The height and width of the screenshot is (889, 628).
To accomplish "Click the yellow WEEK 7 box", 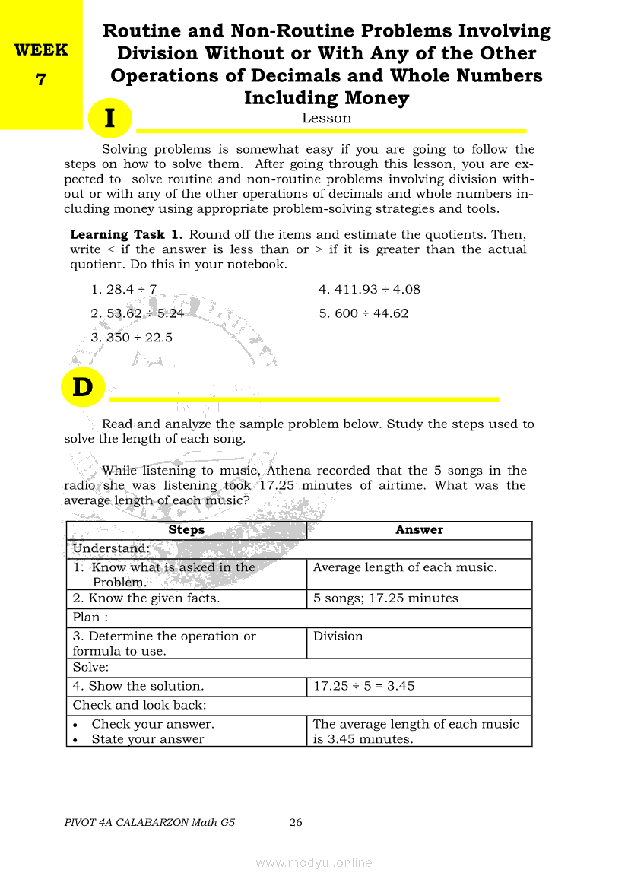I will pos(41,65).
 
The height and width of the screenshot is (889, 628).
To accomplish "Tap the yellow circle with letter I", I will pos(110,119).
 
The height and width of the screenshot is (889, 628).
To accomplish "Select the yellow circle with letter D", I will pos(82,388).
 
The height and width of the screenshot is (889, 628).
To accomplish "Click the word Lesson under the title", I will pos(326,118).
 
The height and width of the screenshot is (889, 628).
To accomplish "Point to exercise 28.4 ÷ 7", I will pos(123,289).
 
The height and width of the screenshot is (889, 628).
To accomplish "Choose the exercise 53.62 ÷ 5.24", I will pos(137,313).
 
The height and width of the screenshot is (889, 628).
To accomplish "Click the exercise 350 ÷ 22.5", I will pos(132,338).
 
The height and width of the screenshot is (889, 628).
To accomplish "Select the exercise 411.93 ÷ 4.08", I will pos(370,289).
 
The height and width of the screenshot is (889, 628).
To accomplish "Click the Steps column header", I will pos(186,530).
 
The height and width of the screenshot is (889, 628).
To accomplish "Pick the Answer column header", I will pos(419,530).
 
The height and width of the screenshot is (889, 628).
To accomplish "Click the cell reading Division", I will pos(338,636).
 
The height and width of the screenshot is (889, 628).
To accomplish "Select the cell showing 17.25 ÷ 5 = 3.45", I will pos(364,686).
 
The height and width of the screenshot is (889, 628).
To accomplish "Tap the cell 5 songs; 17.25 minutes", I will pos(386,598).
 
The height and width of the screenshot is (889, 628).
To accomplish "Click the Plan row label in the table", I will pos(90,618).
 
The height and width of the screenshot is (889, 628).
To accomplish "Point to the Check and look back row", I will pos(140,705).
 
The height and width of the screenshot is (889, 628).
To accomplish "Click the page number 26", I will pos(297,822).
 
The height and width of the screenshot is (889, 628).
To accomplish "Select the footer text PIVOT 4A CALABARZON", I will pos(151,822).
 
